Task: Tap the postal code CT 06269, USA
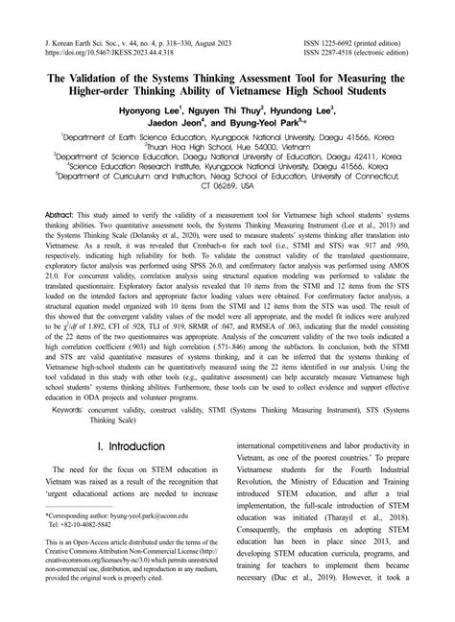click(227, 184)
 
